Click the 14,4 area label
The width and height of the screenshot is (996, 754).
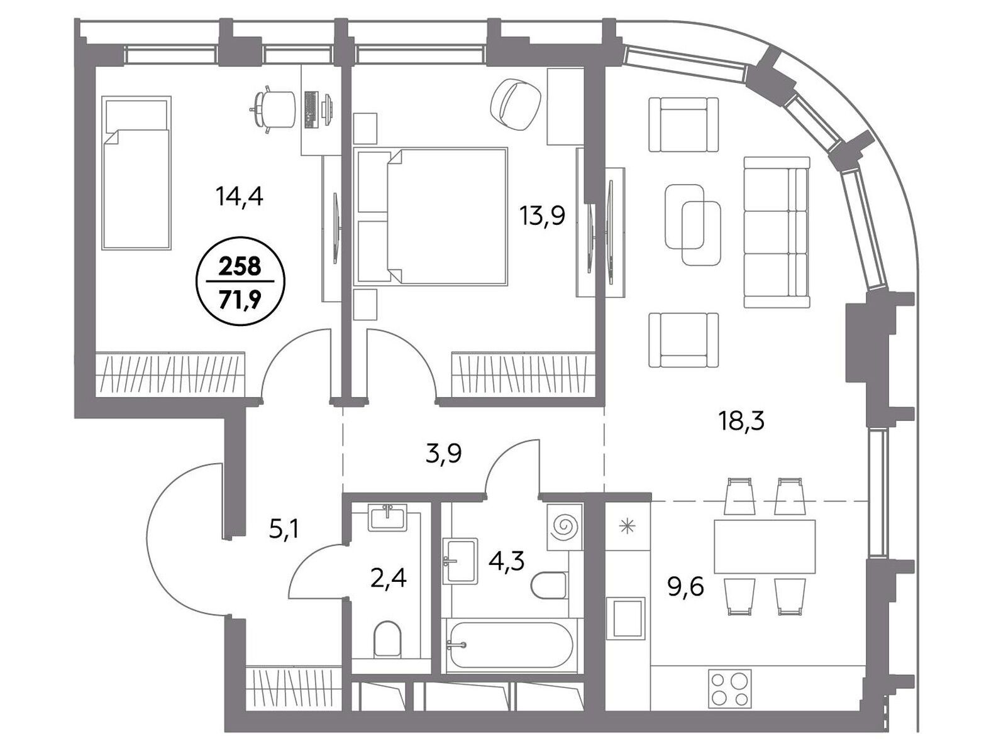coord(240,198)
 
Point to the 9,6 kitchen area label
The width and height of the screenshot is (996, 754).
coord(685,588)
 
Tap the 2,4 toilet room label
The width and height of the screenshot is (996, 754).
coord(388,579)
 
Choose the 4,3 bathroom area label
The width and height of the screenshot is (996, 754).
coord(506,561)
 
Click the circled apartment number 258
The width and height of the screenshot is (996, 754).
coord(240,266)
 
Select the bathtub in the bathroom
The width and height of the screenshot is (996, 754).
coord(511,644)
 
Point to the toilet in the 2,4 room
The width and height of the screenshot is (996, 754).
coord(388,638)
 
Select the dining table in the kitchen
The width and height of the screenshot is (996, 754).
coord(765,547)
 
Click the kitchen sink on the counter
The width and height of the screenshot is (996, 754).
coord(628,618)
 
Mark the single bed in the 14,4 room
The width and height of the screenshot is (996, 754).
coord(137,173)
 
